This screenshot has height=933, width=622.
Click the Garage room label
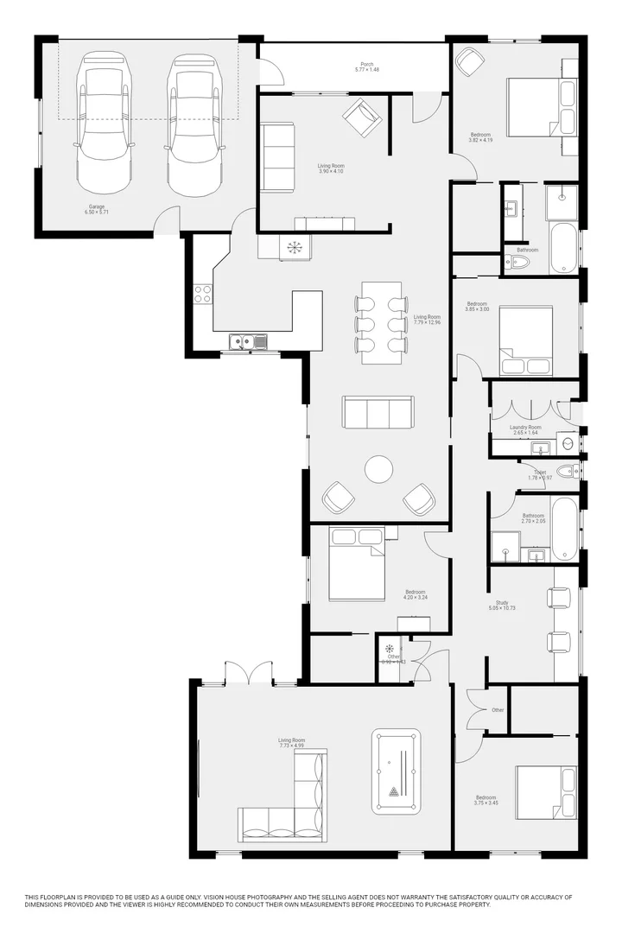96,206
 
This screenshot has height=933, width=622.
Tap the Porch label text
367,65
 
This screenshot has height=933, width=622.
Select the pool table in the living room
396,772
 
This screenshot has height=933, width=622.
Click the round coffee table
378,469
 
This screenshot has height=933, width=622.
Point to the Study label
501,602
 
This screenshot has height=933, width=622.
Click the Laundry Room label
526,427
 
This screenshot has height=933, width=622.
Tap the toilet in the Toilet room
568,472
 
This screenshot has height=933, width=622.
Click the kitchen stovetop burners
203,294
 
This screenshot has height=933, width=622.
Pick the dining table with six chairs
380,323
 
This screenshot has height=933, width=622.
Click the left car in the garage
105,124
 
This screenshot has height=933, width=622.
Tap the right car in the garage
192,124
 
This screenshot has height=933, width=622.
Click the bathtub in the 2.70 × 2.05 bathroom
564,528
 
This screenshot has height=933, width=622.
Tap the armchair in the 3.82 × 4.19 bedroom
469,62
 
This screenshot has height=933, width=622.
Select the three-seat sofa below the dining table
378,412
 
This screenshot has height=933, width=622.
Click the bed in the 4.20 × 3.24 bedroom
356,562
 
